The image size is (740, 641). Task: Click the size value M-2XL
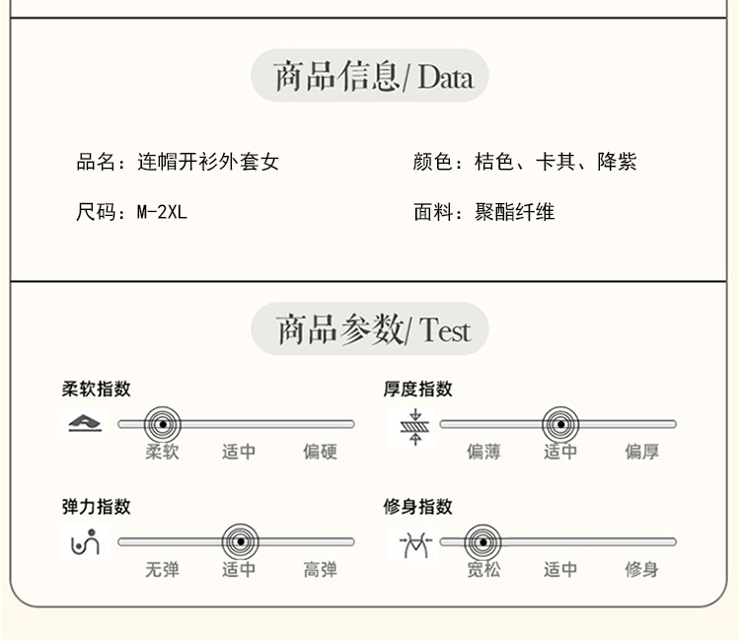click(x=161, y=212)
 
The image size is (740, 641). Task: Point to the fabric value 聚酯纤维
click(x=514, y=212)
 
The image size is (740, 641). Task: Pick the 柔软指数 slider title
click(x=97, y=389)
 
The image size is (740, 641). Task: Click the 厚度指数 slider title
click(x=418, y=389)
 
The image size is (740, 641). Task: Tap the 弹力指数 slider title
click(x=97, y=506)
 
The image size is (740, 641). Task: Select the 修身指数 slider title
click(x=418, y=506)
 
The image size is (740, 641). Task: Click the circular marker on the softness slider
click(x=163, y=425)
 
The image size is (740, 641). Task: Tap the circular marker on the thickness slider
click(x=560, y=425)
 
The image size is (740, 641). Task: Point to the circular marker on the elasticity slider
click(x=239, y=541)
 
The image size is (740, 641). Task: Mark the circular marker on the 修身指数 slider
click(x=482, y=541)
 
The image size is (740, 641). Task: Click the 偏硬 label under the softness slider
click(x=320, y=452)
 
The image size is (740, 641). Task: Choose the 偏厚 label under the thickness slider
click(x=641, y=452)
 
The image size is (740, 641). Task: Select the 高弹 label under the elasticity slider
click(x=320, y=569)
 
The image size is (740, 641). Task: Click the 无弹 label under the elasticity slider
click(x=162, y=569)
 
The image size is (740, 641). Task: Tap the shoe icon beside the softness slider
click(x=85, y=425)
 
